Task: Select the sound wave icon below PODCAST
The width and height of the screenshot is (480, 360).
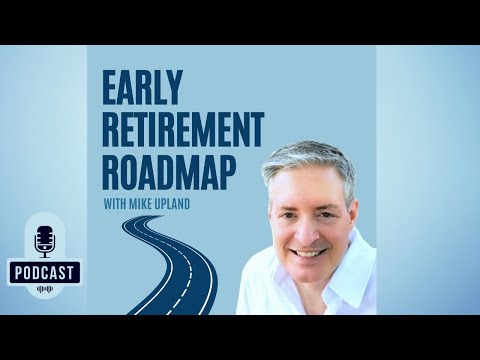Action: (44, 290)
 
